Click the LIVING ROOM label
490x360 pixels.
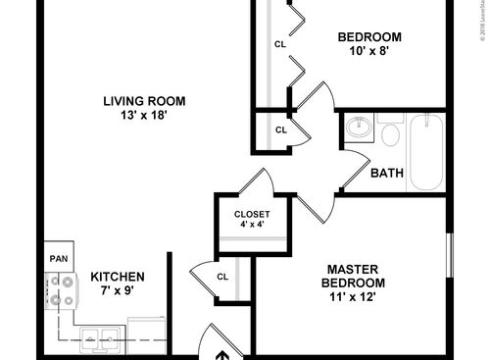tap(146, 100)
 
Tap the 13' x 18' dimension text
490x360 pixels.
tap(146, 115)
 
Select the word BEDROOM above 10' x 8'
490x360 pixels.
tap(369, 38)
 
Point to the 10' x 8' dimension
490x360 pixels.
tap(369, 53)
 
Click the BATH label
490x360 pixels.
tap(387, 174)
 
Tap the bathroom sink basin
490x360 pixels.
tap(356, 128)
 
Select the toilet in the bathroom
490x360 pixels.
tap(391, 131)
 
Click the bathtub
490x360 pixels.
tap(428, 153)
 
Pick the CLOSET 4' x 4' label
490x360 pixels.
tap(252, 220)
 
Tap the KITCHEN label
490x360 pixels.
tap(118, 278)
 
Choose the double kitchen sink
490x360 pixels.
tap(96, 338)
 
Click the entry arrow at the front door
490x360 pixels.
tap(222, 354)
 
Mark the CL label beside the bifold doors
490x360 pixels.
tap(280, 44)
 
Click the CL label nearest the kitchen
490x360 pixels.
tap(221, 277)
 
